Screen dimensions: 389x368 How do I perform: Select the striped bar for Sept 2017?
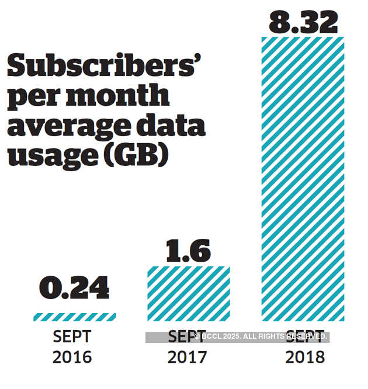189,294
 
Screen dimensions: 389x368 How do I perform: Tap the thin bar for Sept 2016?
74,317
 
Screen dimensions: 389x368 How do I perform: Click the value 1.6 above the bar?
188,251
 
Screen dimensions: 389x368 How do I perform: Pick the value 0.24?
74,288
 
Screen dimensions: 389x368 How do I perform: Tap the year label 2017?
188,357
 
